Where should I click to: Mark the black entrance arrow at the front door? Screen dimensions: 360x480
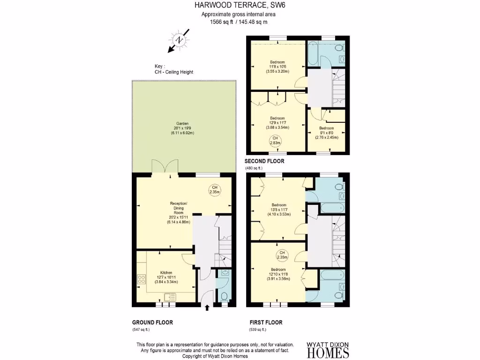tap(208, 308)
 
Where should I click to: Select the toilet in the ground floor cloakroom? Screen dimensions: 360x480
tap(224, 296)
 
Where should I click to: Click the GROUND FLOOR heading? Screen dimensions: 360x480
tap(152, 322)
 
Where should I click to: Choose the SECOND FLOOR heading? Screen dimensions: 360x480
tap(264, 161)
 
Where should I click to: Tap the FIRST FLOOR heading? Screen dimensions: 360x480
tap(266, 322)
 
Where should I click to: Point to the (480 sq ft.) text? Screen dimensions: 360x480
tap(254, 168)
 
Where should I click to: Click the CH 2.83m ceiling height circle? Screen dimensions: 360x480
tap(275, 140)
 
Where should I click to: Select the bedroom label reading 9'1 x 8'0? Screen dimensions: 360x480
tap(327, 133)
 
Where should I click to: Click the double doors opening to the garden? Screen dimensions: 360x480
tap(165, 166)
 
